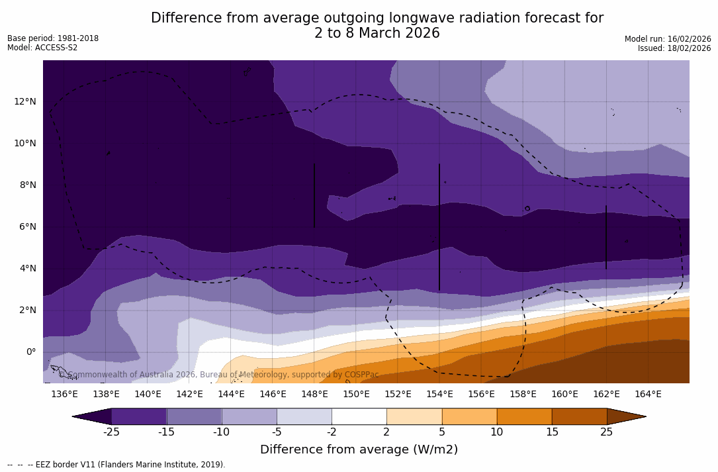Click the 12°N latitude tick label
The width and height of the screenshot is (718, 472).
coord(26,101)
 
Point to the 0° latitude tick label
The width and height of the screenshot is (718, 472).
coord(30,352)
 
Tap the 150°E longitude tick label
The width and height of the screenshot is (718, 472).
coord(356,395)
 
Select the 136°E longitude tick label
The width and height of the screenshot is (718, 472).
coord(64,395)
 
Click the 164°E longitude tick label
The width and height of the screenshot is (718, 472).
coord(648,395)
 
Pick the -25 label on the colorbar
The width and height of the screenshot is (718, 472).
coord(111,432)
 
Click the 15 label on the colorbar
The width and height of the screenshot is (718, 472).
coord(551,432)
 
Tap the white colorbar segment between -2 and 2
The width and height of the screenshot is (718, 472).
coord(359,416)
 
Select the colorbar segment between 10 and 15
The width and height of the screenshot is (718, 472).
coord(523,416)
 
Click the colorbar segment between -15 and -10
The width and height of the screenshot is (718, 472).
coord(194,416)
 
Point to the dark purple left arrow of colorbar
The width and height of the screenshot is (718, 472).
coord(93,416)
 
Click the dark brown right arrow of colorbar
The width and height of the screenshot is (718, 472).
coord(625,416)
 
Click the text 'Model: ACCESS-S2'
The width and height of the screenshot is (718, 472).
coord(42,48)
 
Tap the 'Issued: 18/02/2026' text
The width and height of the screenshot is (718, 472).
coord(674,48)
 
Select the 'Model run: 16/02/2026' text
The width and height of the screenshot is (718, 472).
coord(667,39)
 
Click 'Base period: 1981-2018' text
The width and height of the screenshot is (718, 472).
coord(53,38)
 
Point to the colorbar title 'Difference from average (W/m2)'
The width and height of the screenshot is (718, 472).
coord(359,450)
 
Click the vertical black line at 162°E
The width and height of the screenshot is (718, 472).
coord(606,237)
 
